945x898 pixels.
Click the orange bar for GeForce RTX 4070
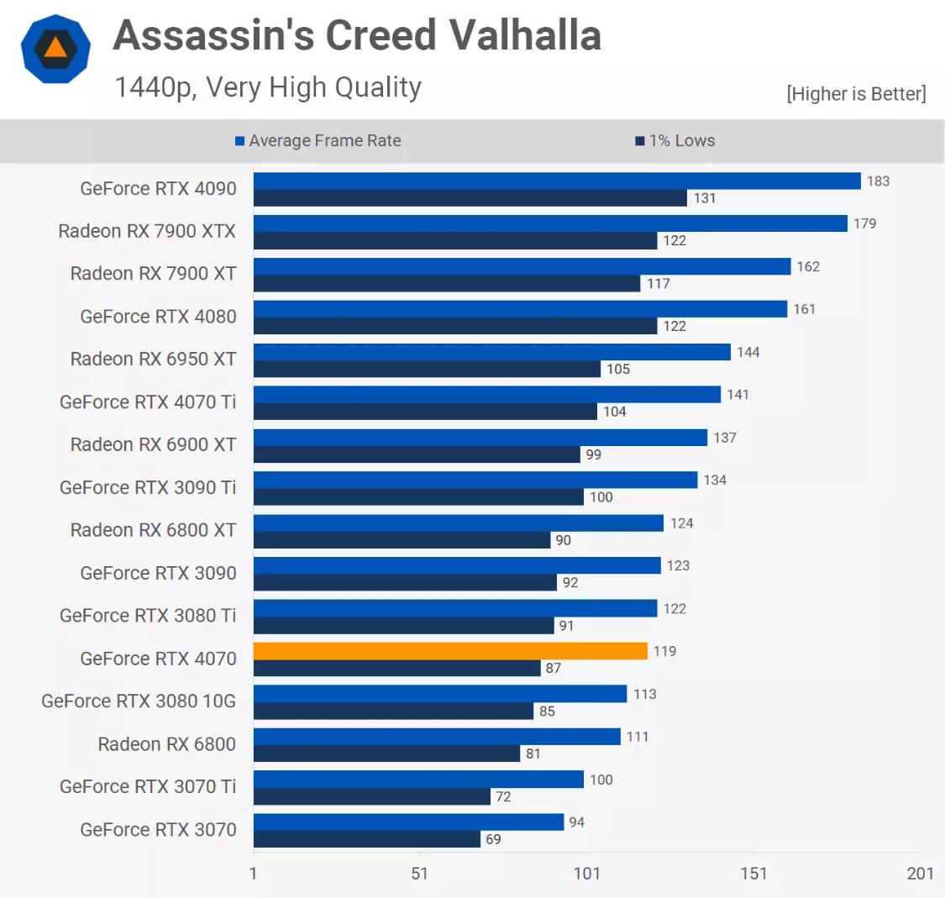[x=450, y=651]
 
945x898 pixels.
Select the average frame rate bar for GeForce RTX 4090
[x=557, y=181]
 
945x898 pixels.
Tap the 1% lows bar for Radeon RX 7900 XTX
[x=455, y=241]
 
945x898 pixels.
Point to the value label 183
[x=878, y=181]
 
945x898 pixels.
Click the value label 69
[x=493, y=839]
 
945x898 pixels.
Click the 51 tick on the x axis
[x=420, y=874]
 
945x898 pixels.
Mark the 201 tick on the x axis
[x=921, y=874]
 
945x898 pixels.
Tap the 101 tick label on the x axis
[x=586, y=874]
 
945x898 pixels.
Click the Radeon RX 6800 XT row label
[x=153, y=530]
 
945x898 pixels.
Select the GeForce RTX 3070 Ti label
[x=148, y=787]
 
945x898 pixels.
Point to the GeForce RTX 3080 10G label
[x=139, y=701]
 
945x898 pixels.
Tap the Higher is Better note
[x=856, y=94]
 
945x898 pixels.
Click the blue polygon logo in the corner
[x=55, y=48]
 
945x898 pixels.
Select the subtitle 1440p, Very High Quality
[x=268, y=87]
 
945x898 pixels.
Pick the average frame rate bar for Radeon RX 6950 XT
[x=492, y=352]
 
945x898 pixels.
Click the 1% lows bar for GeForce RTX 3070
[x=367, y=839]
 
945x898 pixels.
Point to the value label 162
[x=808, y=267]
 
